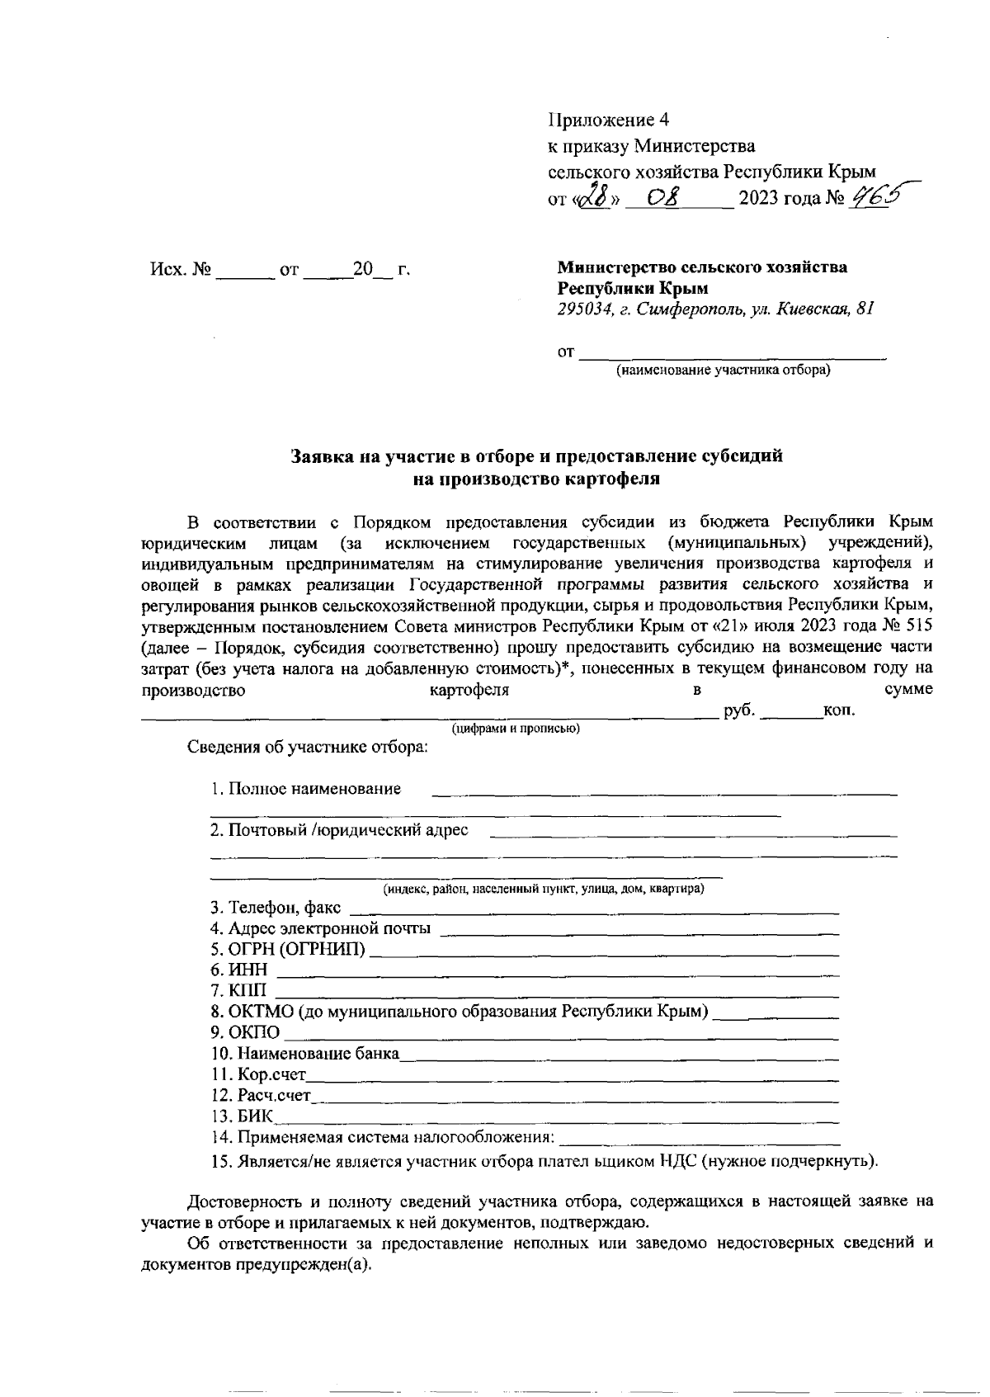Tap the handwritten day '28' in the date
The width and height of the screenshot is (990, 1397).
(594, 197)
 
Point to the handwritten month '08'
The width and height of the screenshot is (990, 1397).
(662, 198)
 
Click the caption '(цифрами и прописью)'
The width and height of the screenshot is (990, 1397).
(515, 729)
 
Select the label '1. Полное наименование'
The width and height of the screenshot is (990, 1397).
(305, 788)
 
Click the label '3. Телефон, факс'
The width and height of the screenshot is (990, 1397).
(275, 909)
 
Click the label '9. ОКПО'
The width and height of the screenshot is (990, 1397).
(245, 1033)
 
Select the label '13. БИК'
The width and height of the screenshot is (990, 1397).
(243, 1117)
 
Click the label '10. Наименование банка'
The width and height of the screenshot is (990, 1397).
(304, 1054)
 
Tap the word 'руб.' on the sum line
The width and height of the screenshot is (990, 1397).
(738, 710)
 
